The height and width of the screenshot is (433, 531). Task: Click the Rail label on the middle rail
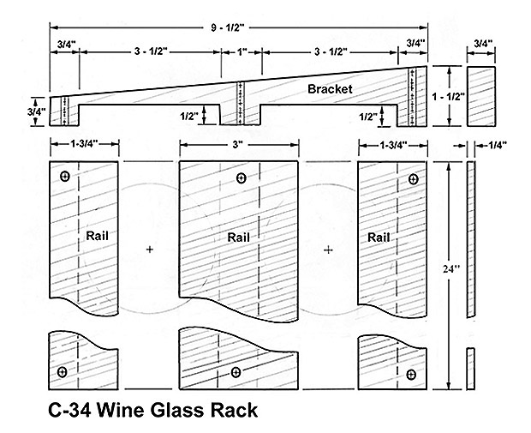(239, 236)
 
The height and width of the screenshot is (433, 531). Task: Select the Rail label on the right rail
(378, 237)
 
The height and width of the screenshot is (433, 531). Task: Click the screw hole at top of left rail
(65, 177)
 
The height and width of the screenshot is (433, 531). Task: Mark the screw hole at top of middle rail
(241, 178)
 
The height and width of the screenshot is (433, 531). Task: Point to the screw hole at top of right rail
(414, 179)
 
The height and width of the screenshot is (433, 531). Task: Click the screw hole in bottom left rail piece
(63, 371)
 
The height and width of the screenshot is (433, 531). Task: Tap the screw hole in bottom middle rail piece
(236, 372)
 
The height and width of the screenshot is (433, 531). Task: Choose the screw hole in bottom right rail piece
(411, 374)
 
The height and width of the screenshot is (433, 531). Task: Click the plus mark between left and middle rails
(150, 249)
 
